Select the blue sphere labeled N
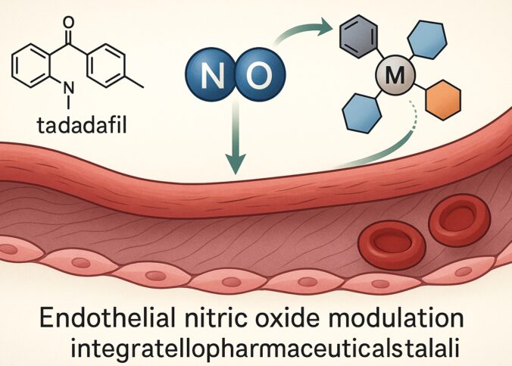pos(210,74)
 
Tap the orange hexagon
pos(439,99)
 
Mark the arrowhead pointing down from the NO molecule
pos(237,162)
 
